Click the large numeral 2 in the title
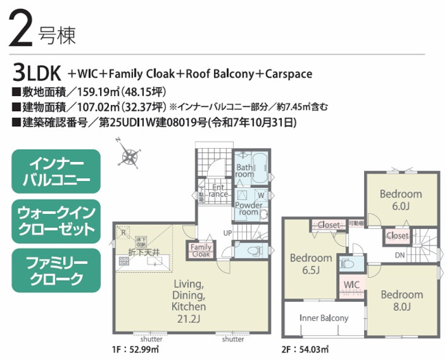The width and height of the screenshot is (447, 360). tap(23, 31)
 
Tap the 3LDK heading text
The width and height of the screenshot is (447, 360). tap(38, 72)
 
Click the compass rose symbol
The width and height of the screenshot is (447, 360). tap(129, 156)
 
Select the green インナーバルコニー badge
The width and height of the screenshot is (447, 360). tap(56, 171)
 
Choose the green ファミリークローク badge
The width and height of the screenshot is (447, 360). tap(56, 269)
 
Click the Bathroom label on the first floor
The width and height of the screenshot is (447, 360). tap(245, 171)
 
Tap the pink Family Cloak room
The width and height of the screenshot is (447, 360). tap(201, 251)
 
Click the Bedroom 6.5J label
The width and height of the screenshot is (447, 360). tap(311, 264)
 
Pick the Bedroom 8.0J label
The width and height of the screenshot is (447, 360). tap(401, 300)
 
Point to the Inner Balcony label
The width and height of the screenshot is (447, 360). tap(324, 318)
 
